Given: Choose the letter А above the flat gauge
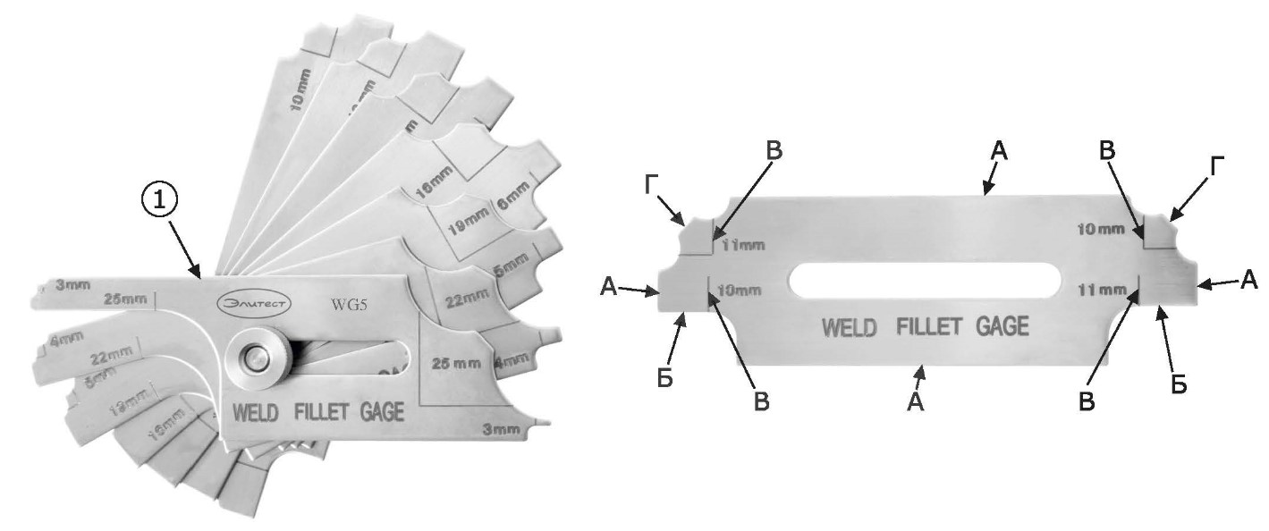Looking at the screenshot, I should (x=999, y=154).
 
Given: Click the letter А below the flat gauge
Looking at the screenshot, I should (x=914, y=403).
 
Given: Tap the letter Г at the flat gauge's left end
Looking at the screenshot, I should (x=654, y=185).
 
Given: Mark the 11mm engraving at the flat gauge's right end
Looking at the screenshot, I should (x=1101, y=290).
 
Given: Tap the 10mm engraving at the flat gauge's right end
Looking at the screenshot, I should (x=1100, y=230).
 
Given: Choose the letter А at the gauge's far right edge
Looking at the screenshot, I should (x=1248, y=281).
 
